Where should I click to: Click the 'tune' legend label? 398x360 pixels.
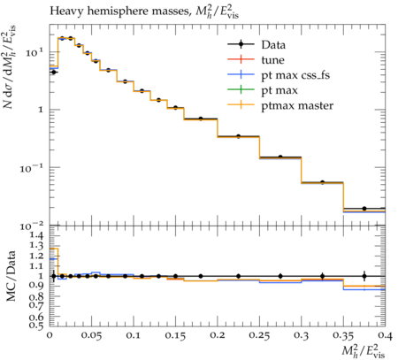click(272, 60)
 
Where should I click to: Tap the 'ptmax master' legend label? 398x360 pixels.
click(297, 106)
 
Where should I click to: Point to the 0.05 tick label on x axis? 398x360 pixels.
click(91, 336)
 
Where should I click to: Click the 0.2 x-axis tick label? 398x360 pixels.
click(218, 336)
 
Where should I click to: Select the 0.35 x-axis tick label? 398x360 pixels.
click(343, 336)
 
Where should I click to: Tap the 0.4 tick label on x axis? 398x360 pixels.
click(386, 336)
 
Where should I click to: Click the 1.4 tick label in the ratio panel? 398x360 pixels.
click(37, 235)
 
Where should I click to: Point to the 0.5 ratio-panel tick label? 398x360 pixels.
click(37, 325)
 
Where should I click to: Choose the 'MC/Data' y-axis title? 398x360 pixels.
click(11, 276)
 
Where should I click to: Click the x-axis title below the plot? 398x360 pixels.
click(364, 351)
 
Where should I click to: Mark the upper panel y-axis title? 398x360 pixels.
click(11, 67)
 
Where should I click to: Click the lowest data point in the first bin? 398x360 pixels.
click(53, 72)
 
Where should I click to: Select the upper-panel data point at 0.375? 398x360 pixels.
click(364, 209)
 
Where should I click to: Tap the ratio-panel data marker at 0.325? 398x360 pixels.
click(322, 276)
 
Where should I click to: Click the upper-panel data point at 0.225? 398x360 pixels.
click(239, 136)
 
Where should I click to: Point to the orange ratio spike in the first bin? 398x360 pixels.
click(54, 249)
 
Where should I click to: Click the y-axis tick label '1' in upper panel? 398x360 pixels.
click(41, 110)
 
